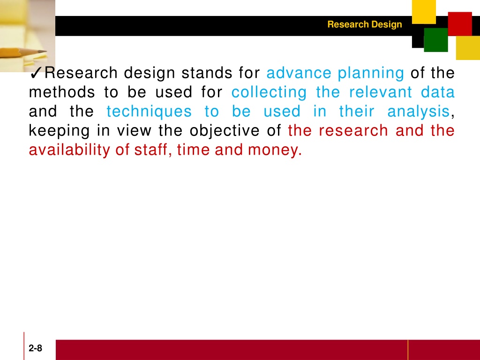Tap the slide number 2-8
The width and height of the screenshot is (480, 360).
point(36,348)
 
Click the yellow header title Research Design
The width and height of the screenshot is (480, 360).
point(365,24)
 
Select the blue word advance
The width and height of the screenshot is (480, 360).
point(299,73)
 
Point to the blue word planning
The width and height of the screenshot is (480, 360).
point(371,74)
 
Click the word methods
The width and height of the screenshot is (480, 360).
point(62,92)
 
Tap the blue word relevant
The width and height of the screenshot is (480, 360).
point(381,92)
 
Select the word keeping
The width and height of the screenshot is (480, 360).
point(60,132)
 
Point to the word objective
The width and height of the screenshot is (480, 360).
point(225,132)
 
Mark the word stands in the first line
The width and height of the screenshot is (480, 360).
point(207,73)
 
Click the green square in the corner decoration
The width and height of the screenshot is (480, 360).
point(436,40)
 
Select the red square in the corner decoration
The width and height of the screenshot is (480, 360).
point(460,24)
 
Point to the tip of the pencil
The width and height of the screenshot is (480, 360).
point(46,51)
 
